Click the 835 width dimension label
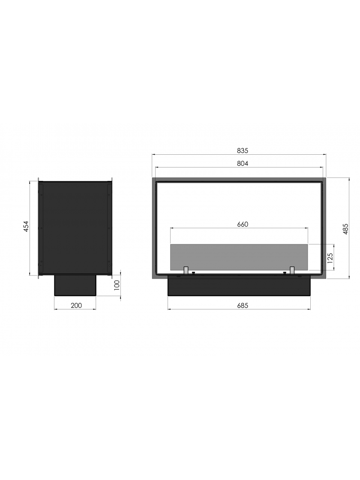(x=242, y=150)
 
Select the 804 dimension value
(x=242, y=163)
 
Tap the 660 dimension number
(x=242, y=225)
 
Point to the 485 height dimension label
(x=345, y=229)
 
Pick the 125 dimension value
(x=330, y=258)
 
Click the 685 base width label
(x=242, y=305)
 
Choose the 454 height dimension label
(x=26, y=226)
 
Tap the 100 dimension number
(x=116, y=285)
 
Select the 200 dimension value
(x=76, y=305)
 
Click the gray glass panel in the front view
(x=239, y=257)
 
